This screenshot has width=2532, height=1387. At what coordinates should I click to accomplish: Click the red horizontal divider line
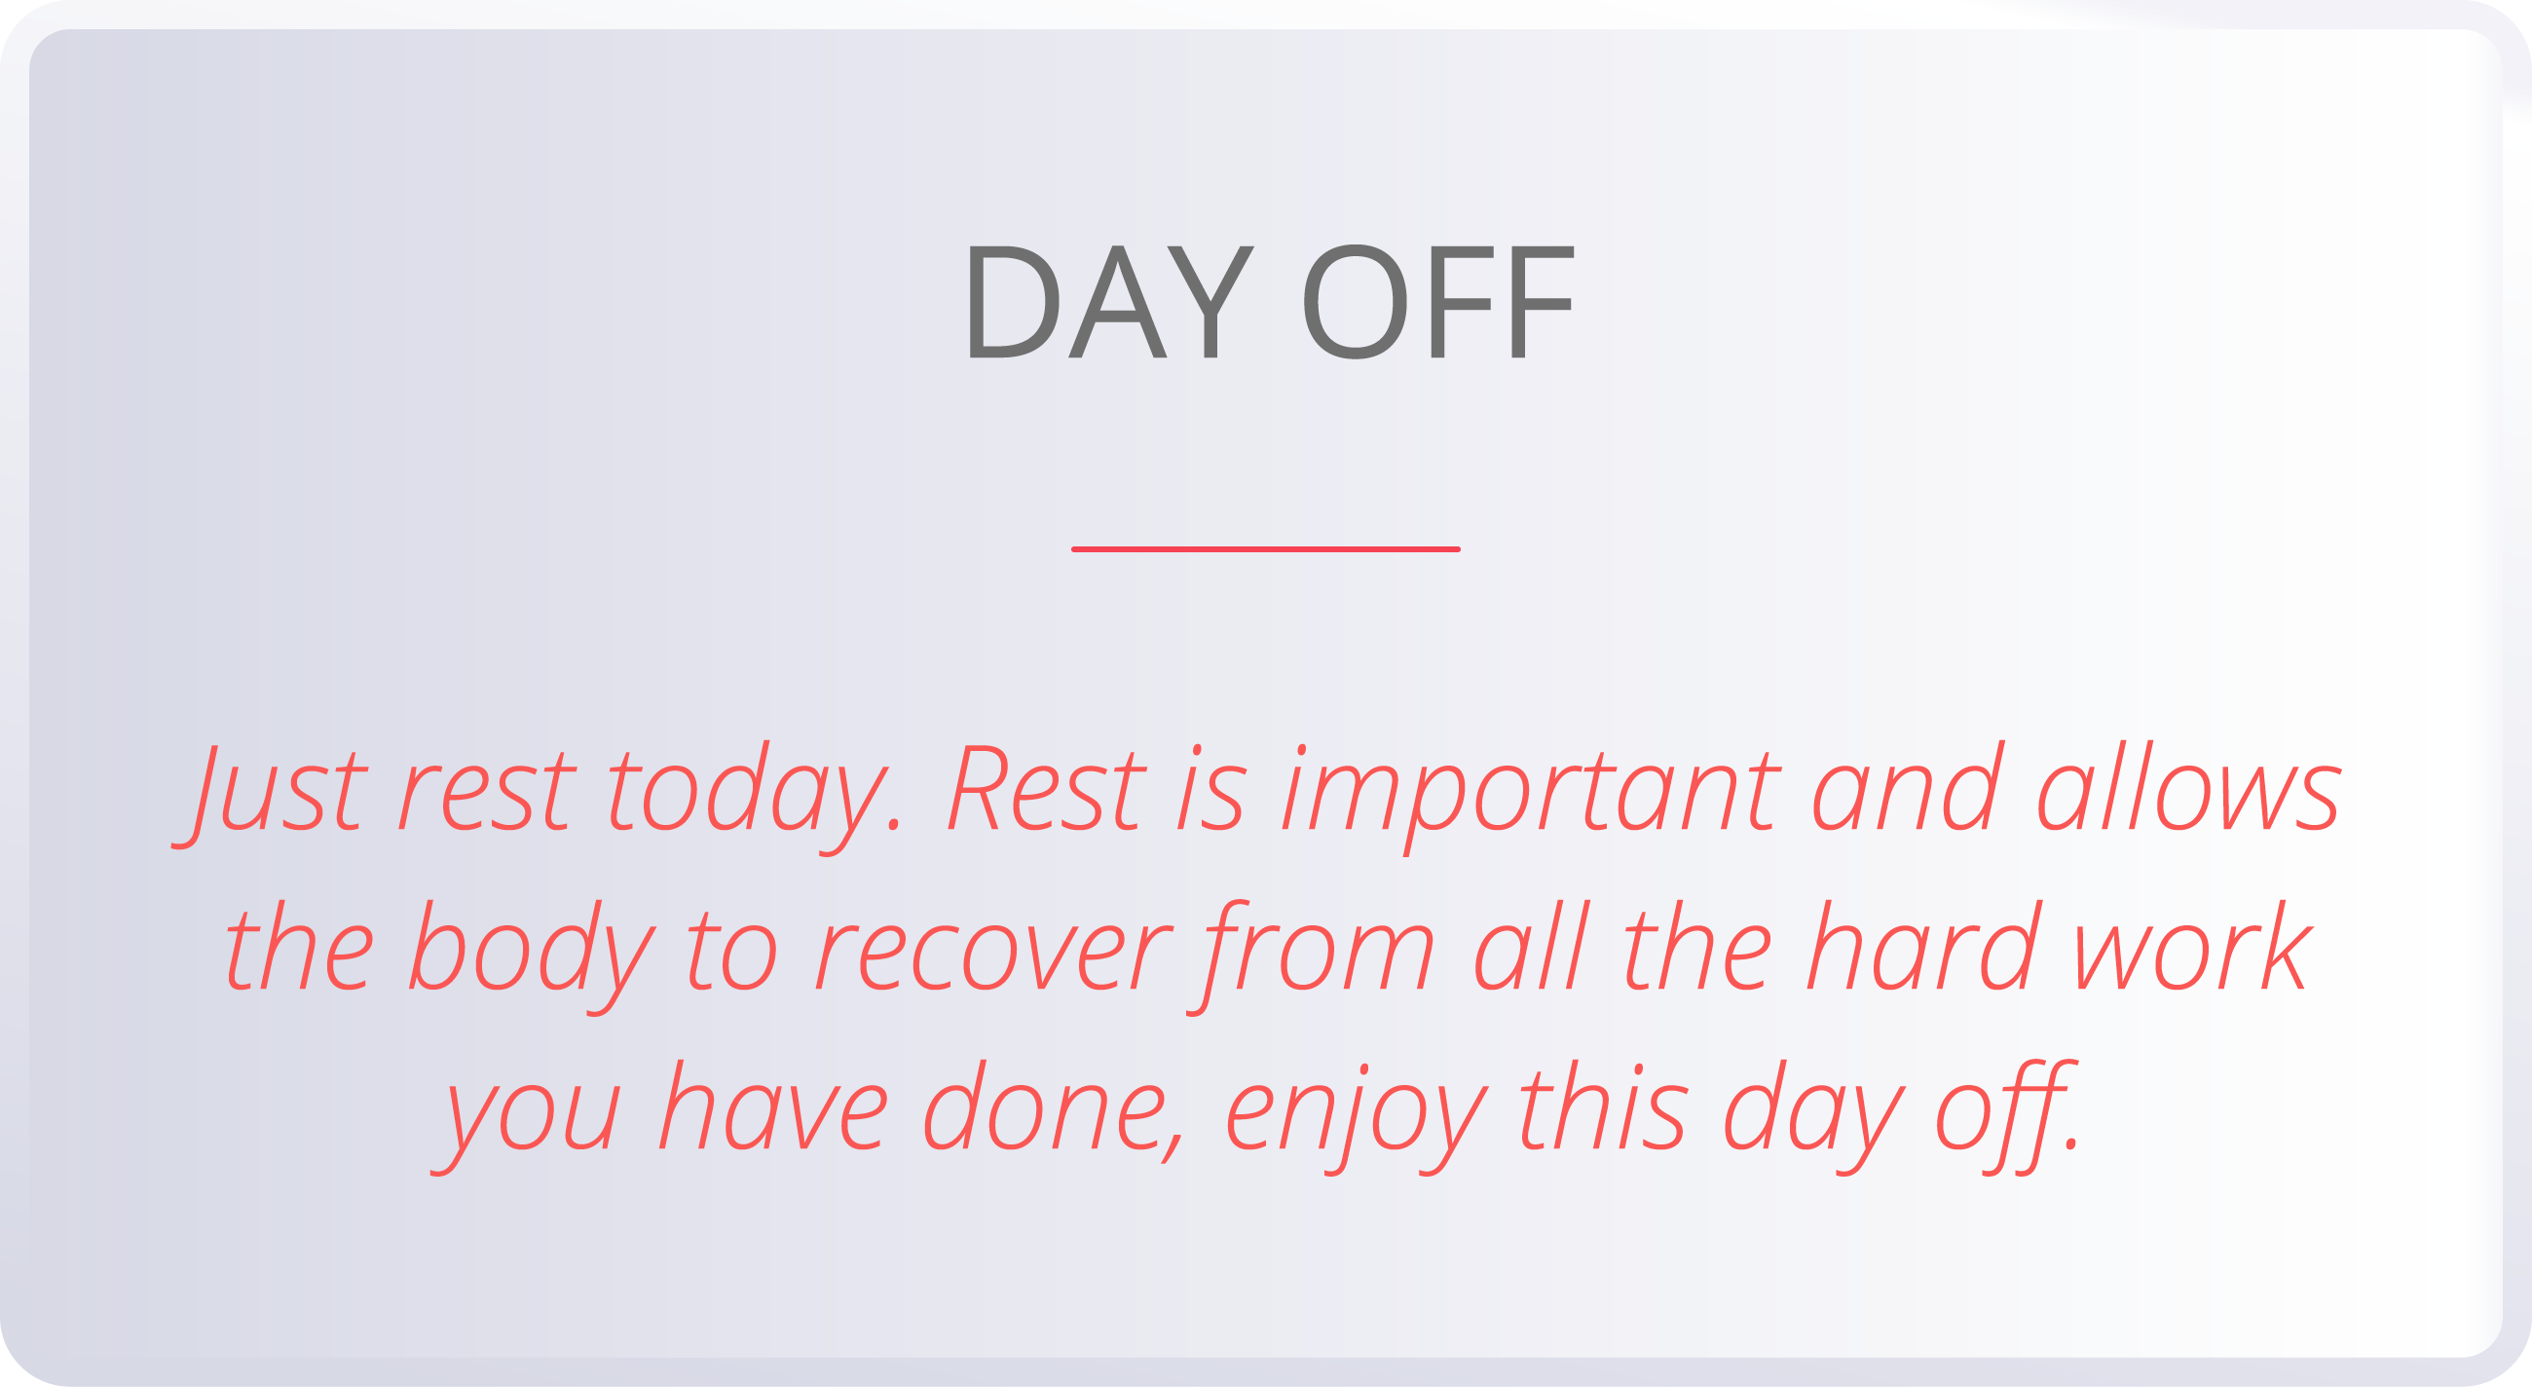click(1265, 549)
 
